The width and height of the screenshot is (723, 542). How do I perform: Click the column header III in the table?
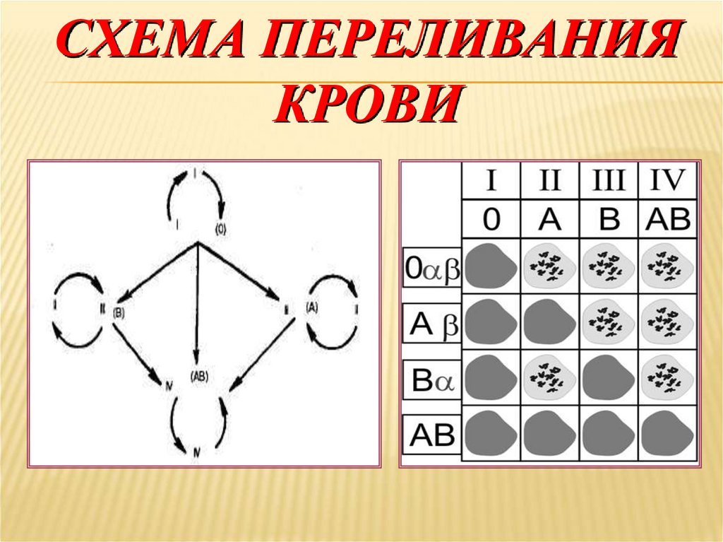click(x=609, y=180)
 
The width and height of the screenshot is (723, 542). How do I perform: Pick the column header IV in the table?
click(x=667, y=180)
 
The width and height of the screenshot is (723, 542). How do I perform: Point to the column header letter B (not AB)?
click(x=609, y=220)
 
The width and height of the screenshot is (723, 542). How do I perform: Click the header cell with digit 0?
click(x=491, y=220)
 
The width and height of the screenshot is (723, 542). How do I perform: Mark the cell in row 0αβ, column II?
click(x=549, y=266)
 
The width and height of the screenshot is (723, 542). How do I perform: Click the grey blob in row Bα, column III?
click(x=608, y=378)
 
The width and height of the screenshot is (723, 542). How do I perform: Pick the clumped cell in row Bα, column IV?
click(x=667, y=378)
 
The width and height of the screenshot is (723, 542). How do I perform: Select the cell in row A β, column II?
click(x=549, y=322)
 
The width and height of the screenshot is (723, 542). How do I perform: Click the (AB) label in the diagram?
click(x=199, y=377)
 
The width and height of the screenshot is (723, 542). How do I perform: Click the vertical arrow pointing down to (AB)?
click(x=198, y=304)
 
